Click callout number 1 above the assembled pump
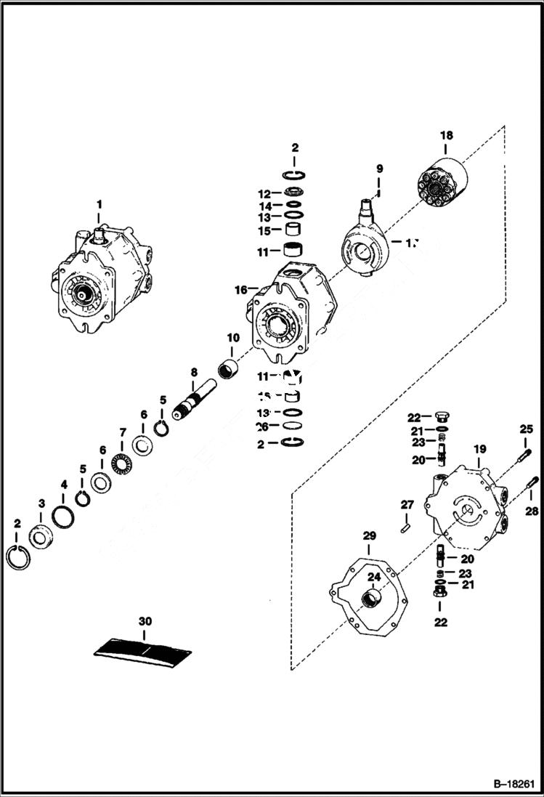[x=100, y=204]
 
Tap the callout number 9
[x=379, y=169]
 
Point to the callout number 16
[x=240, y=290]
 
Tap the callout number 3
[x=41, y=503]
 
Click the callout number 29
[x=369, y=536]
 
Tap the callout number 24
[x=374, y=578]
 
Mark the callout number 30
[x=145, y=621]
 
